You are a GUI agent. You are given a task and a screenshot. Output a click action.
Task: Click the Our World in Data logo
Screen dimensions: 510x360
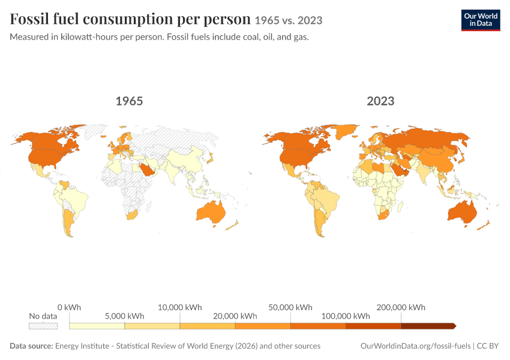(x=481, y=20)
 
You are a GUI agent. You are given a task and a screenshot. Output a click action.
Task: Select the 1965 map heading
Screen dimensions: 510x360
(x=129, y=101)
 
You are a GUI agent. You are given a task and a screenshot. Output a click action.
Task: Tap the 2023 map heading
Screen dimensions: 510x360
(x=380, y=101)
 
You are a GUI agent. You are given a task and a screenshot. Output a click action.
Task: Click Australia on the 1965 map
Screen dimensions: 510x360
(x=211, y=213)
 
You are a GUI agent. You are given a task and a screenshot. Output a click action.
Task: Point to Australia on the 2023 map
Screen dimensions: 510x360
(x=463, y=213)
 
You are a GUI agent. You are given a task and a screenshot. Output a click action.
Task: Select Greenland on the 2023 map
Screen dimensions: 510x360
(x=346, y=132)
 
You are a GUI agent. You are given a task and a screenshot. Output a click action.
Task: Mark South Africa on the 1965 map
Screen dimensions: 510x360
(x=132, y=215)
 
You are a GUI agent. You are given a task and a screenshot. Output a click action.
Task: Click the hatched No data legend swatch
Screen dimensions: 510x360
(x=43, y=326)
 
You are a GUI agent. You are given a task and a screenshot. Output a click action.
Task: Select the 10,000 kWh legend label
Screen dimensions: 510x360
(x=180, y=307)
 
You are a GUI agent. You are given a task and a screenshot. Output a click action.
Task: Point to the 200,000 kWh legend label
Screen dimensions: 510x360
(x=401, y=307)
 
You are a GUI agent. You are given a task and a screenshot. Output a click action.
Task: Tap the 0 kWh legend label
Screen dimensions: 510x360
(x=69, y=307)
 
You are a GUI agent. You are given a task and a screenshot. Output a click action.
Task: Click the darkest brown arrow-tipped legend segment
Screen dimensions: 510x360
(x=428, y=326)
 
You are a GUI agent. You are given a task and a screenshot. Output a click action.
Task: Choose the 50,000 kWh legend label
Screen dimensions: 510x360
(x=290, y=307)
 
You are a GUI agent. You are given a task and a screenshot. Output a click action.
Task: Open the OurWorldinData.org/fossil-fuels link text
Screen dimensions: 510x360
(x=415, y=346)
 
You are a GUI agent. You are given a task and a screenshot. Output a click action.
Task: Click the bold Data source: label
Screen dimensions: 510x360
(x=31, y=346)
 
